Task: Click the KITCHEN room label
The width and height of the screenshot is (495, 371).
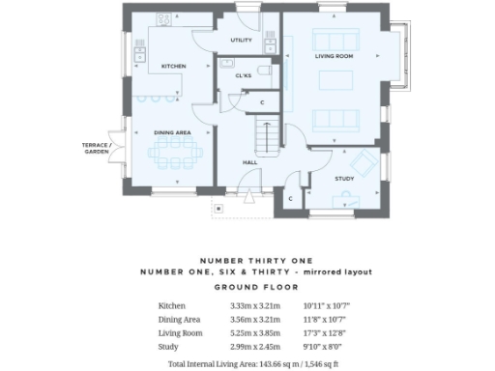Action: [173, 66]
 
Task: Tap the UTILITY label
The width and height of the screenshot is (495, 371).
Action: [241, 41]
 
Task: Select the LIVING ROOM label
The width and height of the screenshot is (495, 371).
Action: [334, 57]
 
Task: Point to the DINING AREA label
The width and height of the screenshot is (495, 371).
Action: [172, 131]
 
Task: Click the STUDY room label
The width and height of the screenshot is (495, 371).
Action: [344, 179]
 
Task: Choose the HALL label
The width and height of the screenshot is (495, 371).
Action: [249, 162]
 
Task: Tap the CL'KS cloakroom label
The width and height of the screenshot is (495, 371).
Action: [244, 74]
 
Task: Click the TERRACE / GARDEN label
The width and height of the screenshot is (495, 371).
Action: [96, 148]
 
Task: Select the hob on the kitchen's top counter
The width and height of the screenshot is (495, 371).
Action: [163, 18]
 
